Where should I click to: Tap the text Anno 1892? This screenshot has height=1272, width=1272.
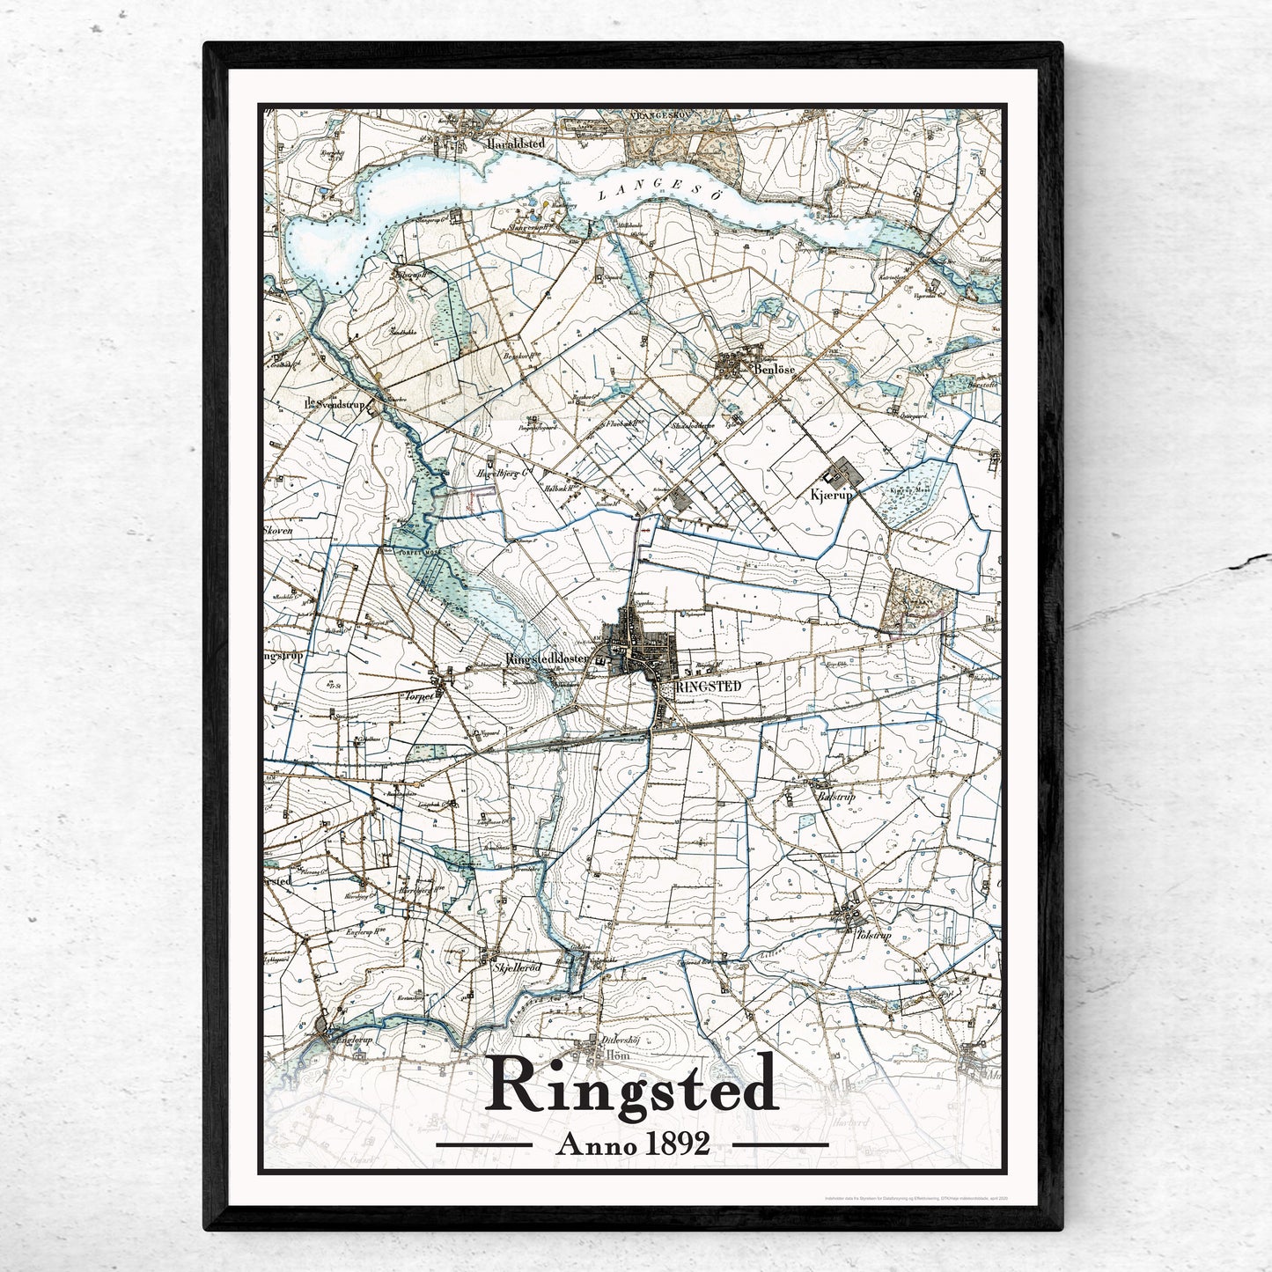point(632,1143)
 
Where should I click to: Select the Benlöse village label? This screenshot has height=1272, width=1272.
point(775,371)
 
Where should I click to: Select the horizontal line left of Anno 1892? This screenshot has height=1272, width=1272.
point(484,1145)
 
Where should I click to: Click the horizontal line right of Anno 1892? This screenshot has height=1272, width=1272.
point(780,1145)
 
